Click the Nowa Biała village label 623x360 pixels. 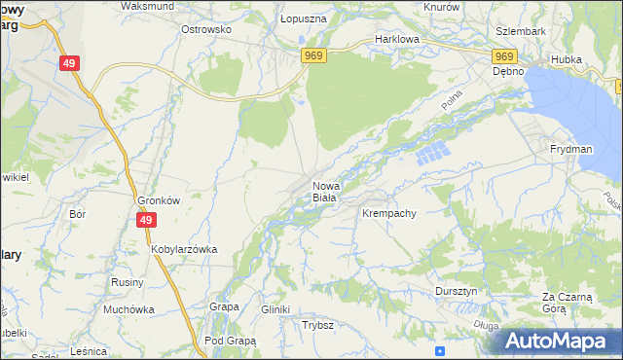point(324,191)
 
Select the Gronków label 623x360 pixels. point(157,200)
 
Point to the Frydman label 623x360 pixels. point(570,149)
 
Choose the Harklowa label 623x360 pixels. point(396,41)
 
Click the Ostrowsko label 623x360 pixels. point(205,29)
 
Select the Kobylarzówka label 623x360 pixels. point(184,249)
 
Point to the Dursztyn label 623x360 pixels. point(456,291)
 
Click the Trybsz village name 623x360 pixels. point(318,325)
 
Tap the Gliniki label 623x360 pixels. point(275,309)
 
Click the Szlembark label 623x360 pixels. point(521,30)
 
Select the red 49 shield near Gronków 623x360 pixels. point(145,221)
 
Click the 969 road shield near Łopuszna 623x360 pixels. point(313,56)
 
